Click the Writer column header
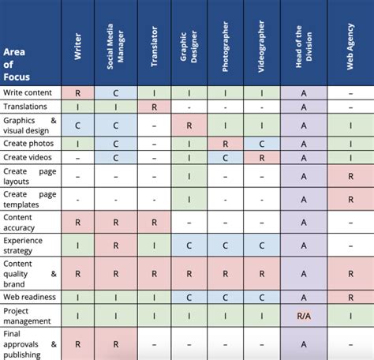(78, 47)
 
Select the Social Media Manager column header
(116, 47)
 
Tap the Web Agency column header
(350, 47)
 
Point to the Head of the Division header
(304, 47)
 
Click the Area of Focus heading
(17, 65)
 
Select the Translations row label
(25, 107)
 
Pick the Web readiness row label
(29, 297)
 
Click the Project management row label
(27, 316)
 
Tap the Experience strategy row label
(23, 246)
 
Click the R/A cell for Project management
(304, 316)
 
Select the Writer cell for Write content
(77, 93)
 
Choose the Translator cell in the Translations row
(154, 107)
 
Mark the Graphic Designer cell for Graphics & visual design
(189, 126)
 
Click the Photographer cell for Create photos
(225, 144)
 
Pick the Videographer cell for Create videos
(262, 158)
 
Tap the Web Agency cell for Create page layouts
(350, 176)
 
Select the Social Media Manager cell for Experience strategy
(116, 246)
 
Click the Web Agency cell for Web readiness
(350, 298)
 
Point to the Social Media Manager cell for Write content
(116, 93)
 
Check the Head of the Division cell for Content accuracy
(304, 223)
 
